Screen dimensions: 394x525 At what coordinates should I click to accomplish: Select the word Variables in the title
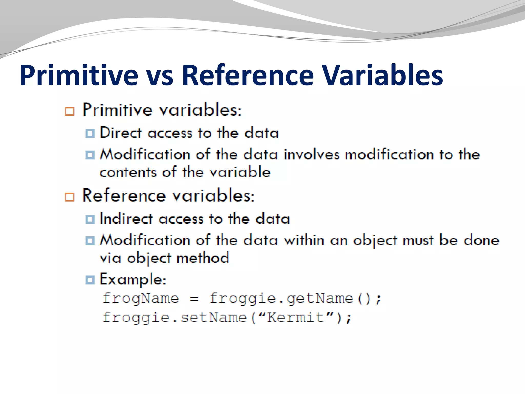(x=382, y=76)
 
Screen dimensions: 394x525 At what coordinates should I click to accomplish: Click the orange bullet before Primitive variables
(x=69, y=111)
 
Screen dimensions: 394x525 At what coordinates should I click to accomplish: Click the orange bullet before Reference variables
(x=69, y=197)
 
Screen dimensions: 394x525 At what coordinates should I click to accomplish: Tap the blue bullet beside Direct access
(x=90, y=133)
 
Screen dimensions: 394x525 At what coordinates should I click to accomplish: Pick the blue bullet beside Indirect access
(x=90, y=219)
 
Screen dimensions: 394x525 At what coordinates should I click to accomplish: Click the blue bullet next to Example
(x=90, y=280)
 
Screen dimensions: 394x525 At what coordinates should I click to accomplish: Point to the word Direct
(x=121, y=133)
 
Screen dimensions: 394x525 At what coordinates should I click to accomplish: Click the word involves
(x=311, y=155)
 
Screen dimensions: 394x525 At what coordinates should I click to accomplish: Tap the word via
(x=110, y=258)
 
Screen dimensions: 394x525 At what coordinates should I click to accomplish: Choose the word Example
(x=133, y=279)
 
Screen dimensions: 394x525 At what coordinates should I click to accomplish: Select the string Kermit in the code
(x=296, y=318)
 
